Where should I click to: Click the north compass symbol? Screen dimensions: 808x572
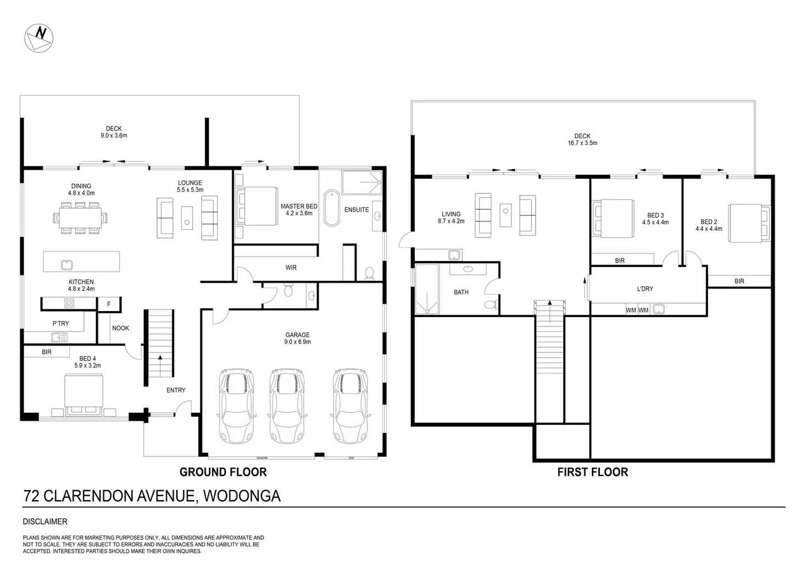[38, 38]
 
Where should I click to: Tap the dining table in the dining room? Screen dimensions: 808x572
[80, 218]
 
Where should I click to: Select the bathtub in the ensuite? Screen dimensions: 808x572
[332, 208]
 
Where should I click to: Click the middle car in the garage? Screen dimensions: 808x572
[287, 406]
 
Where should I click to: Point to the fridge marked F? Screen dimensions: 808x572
[109, 304]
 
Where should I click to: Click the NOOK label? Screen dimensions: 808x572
[120, 328]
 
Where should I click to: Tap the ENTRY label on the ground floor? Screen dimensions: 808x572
[176, 390]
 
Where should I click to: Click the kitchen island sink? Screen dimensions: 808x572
[67, 265]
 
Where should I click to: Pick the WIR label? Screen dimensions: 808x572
[291, 268]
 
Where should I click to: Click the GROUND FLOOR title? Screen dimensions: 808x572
[223, 472]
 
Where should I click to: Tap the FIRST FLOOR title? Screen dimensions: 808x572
[593, 472]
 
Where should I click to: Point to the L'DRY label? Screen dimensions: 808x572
[645, 288]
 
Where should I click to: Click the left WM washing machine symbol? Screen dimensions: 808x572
[631, 310]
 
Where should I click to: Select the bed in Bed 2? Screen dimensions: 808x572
[749, 223]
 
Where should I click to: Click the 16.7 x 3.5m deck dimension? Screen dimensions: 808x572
[582, 143]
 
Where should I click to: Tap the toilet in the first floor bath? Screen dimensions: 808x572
[491, 304]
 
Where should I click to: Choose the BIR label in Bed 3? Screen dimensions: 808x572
[620, 260]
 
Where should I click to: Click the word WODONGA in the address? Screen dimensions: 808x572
[242, 496]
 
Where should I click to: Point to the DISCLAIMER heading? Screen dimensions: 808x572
[45, 521]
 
